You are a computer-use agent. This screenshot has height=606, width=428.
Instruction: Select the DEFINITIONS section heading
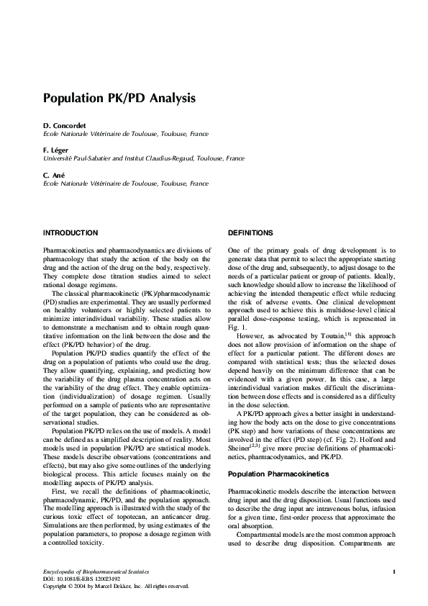point(250,233)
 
